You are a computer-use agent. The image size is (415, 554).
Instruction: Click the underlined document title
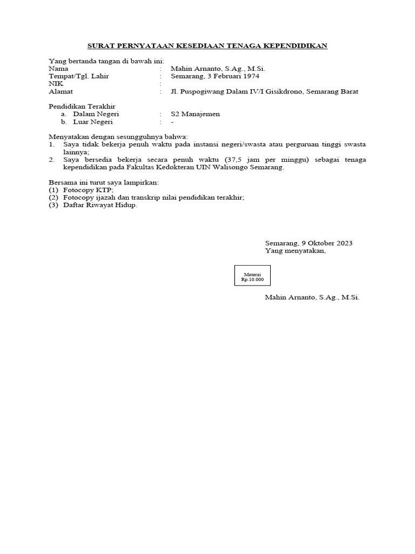coord(207,46)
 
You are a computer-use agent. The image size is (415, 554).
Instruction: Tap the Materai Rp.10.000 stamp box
coord(252,275)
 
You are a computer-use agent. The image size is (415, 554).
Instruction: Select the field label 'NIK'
coord(56,84)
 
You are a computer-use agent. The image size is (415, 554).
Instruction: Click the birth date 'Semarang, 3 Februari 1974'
coord(215,76)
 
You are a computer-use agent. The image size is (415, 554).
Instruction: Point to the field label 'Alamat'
coord(61,92)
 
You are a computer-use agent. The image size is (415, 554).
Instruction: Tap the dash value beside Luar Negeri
coord(172,122)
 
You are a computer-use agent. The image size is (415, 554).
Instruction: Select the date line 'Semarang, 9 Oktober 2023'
coord(309,243)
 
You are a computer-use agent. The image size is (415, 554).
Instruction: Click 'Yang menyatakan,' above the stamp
coord(295,251)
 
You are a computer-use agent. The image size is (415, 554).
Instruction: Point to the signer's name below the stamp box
coord(312,298)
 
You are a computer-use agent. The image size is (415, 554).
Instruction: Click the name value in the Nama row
coord(218,69)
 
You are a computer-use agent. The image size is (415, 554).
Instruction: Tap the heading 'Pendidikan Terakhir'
coord(82,107)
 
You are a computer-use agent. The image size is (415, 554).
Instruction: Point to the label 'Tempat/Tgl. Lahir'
coord(78,76)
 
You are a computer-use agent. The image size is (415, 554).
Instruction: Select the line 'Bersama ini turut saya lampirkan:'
coord(104,183)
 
